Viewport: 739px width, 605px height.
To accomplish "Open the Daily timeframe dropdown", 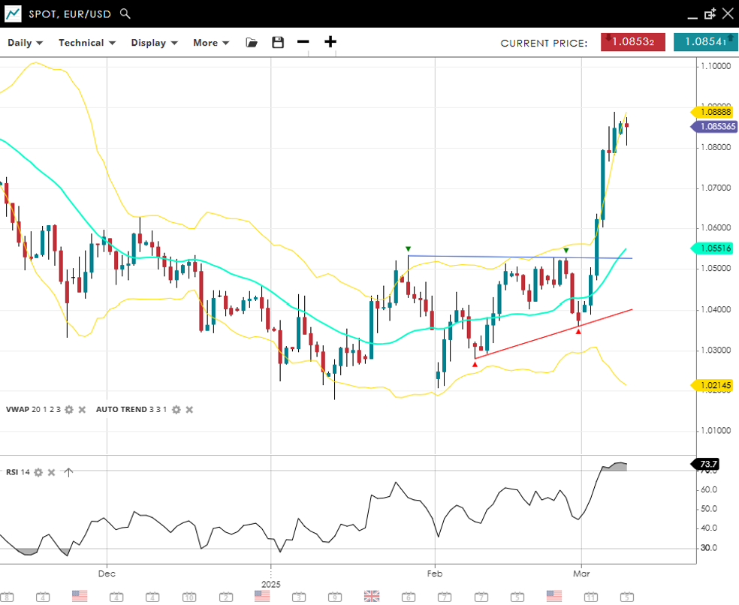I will (x=25, y=43).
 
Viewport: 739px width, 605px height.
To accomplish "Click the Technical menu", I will (x=86, y=43).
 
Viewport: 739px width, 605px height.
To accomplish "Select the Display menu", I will (x=153, y=43).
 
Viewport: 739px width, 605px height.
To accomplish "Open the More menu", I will (x=210, y=43).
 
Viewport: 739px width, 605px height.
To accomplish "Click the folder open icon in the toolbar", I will (x=252, y=43).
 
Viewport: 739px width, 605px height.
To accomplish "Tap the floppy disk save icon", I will (x=278, y=43).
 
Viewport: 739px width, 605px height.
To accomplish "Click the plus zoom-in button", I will (x=330, y=42).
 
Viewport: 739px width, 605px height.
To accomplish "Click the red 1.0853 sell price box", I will (x=633, y=42).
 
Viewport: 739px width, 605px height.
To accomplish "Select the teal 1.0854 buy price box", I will (x=704, y=42).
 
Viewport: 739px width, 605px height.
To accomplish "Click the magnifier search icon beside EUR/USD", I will (x=125, y=14).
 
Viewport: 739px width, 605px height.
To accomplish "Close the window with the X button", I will (x=727, y=14).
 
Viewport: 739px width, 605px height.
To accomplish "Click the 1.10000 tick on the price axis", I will (x=715, y=67).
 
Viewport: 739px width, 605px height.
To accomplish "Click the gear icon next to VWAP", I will (x=69, y=410).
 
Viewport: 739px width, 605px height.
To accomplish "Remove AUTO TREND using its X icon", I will (x=189, y=410).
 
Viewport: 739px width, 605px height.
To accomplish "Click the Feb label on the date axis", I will (x=434, y=573).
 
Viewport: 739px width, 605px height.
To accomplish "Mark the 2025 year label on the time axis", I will (x=270, y=583).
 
